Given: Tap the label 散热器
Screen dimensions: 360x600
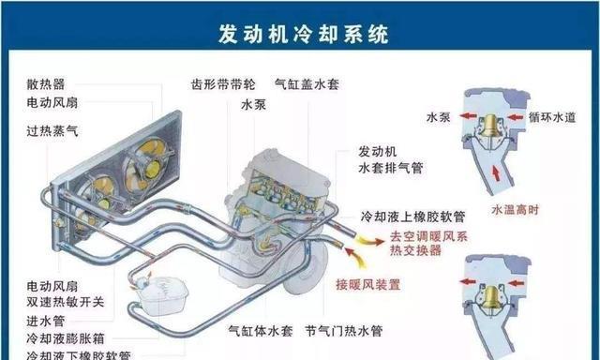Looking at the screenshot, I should click(46, 83).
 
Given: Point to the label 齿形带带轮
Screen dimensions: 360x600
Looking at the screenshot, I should click(222, 83).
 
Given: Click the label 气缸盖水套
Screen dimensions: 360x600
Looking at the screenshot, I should click(307, 83).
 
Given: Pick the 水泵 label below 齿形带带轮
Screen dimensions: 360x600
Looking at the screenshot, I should click(254, 104).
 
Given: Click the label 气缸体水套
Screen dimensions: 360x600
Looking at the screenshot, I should click(262, 332).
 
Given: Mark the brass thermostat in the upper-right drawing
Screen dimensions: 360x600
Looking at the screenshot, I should click(488, 122).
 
